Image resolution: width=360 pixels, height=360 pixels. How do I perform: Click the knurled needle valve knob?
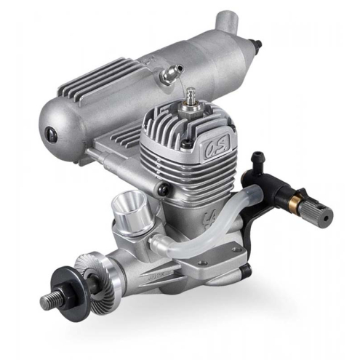(319, 215)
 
